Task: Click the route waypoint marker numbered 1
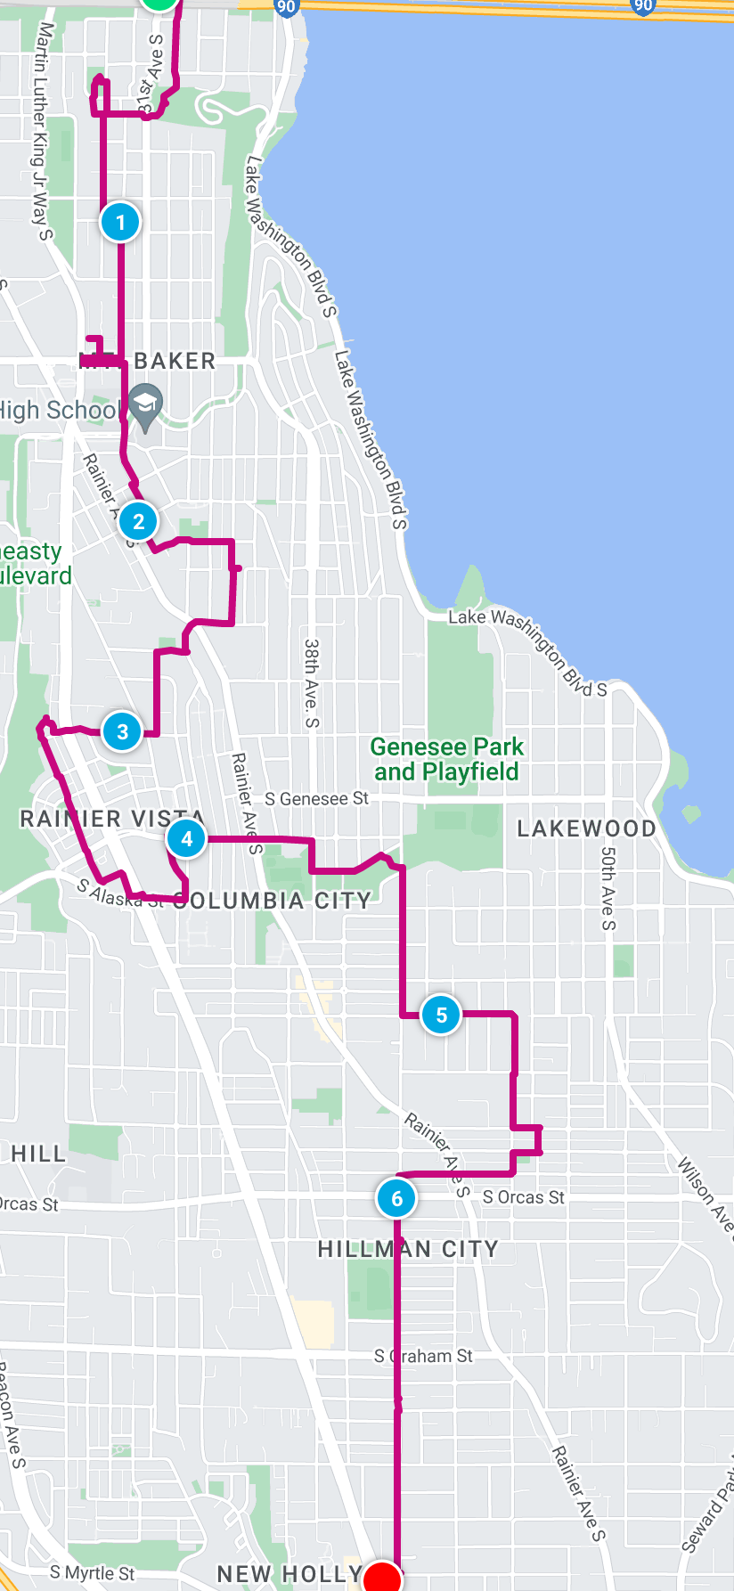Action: click(x=120, y=222)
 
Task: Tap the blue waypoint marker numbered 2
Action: click(x=138, y=522)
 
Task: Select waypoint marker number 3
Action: click(x=122, y=732)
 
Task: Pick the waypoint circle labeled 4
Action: click(x=186, y=839)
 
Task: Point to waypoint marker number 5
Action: click(x=441, y=1015)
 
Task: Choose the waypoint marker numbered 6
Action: click(x=396, y=1199)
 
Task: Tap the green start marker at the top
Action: click(x=159, y=3)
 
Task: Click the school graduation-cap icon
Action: click(x=145, y=406)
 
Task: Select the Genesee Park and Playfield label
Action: click(x=446, y=759)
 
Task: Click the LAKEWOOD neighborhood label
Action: click(x=586, y=828)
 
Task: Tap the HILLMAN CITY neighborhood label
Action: click(x=408, y=1249)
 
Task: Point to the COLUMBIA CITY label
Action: click(x=273, y=901)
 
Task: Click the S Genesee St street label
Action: click(x=316, y=799)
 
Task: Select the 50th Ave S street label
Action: click(x=608, y=887)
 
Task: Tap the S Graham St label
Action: click(x=423, y=1356)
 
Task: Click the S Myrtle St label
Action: click(x=92, y=1573)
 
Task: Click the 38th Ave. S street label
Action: click(x=311, y=682)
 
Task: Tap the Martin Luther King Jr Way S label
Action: click(x=43, y=132)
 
